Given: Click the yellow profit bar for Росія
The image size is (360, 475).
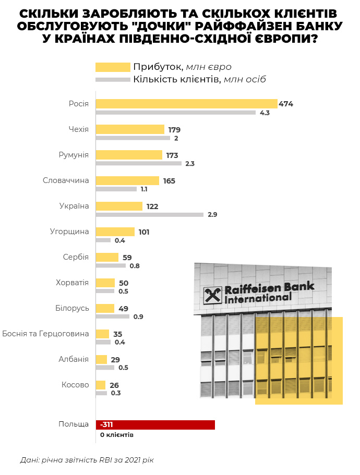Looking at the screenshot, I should tap(186, 104).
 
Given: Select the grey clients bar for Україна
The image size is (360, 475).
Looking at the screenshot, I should tap(150, 214).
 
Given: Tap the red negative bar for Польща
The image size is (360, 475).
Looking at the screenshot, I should tap(155, 425).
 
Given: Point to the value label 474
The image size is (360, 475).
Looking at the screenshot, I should tap(286, 104).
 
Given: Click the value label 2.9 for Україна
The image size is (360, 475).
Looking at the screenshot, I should tap(212, 214).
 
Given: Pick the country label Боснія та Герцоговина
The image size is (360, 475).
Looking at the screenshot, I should tap(45, 334).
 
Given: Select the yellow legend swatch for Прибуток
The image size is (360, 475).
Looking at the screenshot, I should tap(113, 67).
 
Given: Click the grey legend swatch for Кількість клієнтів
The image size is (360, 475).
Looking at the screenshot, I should tap(113, 79).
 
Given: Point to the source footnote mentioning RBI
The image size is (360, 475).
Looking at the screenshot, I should tap(87, 460).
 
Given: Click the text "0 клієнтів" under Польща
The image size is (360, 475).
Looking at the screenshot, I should tap(117, 434).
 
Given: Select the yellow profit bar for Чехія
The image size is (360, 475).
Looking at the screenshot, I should tap(130, 129).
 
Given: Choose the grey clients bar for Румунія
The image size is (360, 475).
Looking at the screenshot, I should tap(139, 163).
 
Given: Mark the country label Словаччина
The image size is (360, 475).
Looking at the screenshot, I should tap(66, 180).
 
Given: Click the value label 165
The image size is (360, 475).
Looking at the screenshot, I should tap(169, 180).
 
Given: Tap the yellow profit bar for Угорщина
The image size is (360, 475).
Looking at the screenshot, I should tap(115, 232).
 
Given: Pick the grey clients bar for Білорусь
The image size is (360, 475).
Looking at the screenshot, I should tap(113, 316).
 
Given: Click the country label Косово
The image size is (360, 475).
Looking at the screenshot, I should tap(75, 385).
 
